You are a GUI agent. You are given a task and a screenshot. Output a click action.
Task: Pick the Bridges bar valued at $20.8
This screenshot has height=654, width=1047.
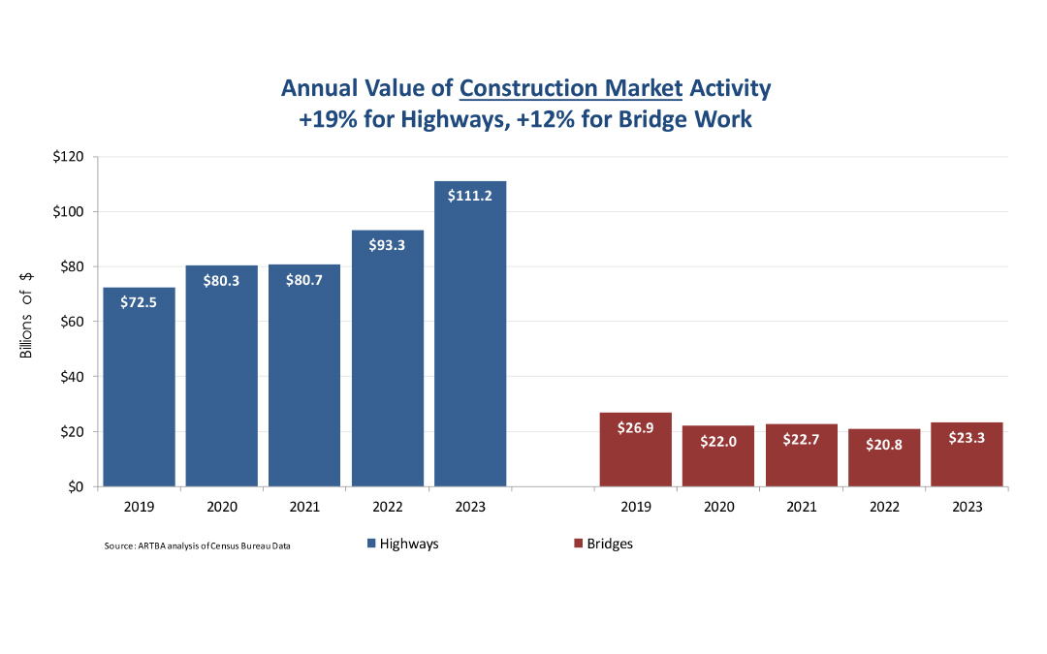pos(884,465)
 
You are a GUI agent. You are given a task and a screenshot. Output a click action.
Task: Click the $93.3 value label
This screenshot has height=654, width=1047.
pos(388,245)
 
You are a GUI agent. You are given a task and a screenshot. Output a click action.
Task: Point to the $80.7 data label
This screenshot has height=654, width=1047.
pos(304,280)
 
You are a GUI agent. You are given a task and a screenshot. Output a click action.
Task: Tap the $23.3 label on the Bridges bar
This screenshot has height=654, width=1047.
pos(967,437)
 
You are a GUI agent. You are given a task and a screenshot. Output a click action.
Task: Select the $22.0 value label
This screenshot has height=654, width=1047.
pos(718,441)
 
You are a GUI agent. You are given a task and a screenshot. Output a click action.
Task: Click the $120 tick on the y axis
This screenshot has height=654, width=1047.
pos(68,157)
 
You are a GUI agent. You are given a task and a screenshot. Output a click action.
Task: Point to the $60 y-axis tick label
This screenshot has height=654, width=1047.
pos(71,322)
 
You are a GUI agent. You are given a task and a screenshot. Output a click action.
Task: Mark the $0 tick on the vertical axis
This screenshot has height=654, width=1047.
pos(75,486)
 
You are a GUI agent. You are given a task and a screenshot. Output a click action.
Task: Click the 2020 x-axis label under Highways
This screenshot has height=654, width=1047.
pos(222,507)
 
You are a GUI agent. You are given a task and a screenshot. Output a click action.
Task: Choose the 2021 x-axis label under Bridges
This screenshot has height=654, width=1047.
pos(802,507)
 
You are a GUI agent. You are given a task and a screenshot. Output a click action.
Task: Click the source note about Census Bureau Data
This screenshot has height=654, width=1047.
pos(198,546)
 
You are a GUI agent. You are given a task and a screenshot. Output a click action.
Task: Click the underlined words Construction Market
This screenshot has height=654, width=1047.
pos(571,88)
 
